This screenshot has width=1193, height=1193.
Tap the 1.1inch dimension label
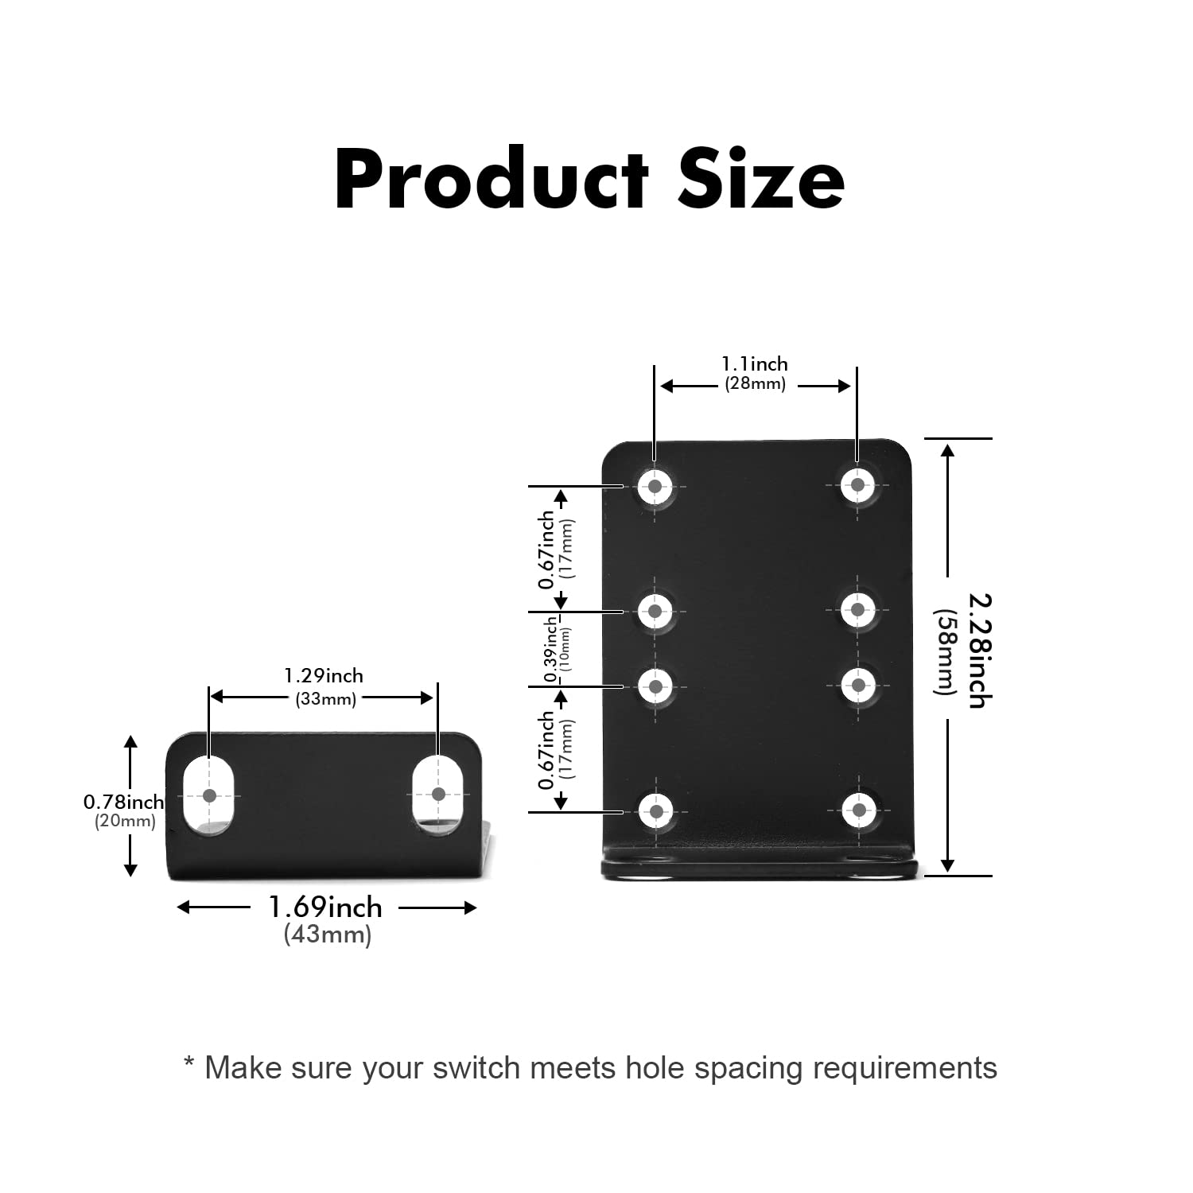(x=755, y=364)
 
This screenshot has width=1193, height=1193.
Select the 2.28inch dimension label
(x=979, y=651)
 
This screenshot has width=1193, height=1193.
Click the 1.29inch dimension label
(x=324, y=676)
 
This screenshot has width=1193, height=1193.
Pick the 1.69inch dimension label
(x=325, y=907)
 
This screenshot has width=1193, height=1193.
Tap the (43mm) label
(x=328, y=935)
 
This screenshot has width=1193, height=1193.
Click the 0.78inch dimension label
(x=123, y=802)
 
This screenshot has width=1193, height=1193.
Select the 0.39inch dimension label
(x=550, y=649)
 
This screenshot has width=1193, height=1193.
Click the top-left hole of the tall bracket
(x=655, y=485)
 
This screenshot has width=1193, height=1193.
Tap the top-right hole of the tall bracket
(x=857, y=484)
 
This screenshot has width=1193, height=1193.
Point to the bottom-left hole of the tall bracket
(x=656, y=811)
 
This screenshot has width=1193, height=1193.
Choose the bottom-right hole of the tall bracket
(x=859, y=810)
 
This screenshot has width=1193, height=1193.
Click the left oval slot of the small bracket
(x=209, y=795)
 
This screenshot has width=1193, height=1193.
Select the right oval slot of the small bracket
(x=437, y=794)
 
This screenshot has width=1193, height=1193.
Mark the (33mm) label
(x=326, y=699)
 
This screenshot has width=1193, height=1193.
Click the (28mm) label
(x=755, y=384)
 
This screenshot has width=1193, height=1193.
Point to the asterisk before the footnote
(x=189, y=1063)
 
